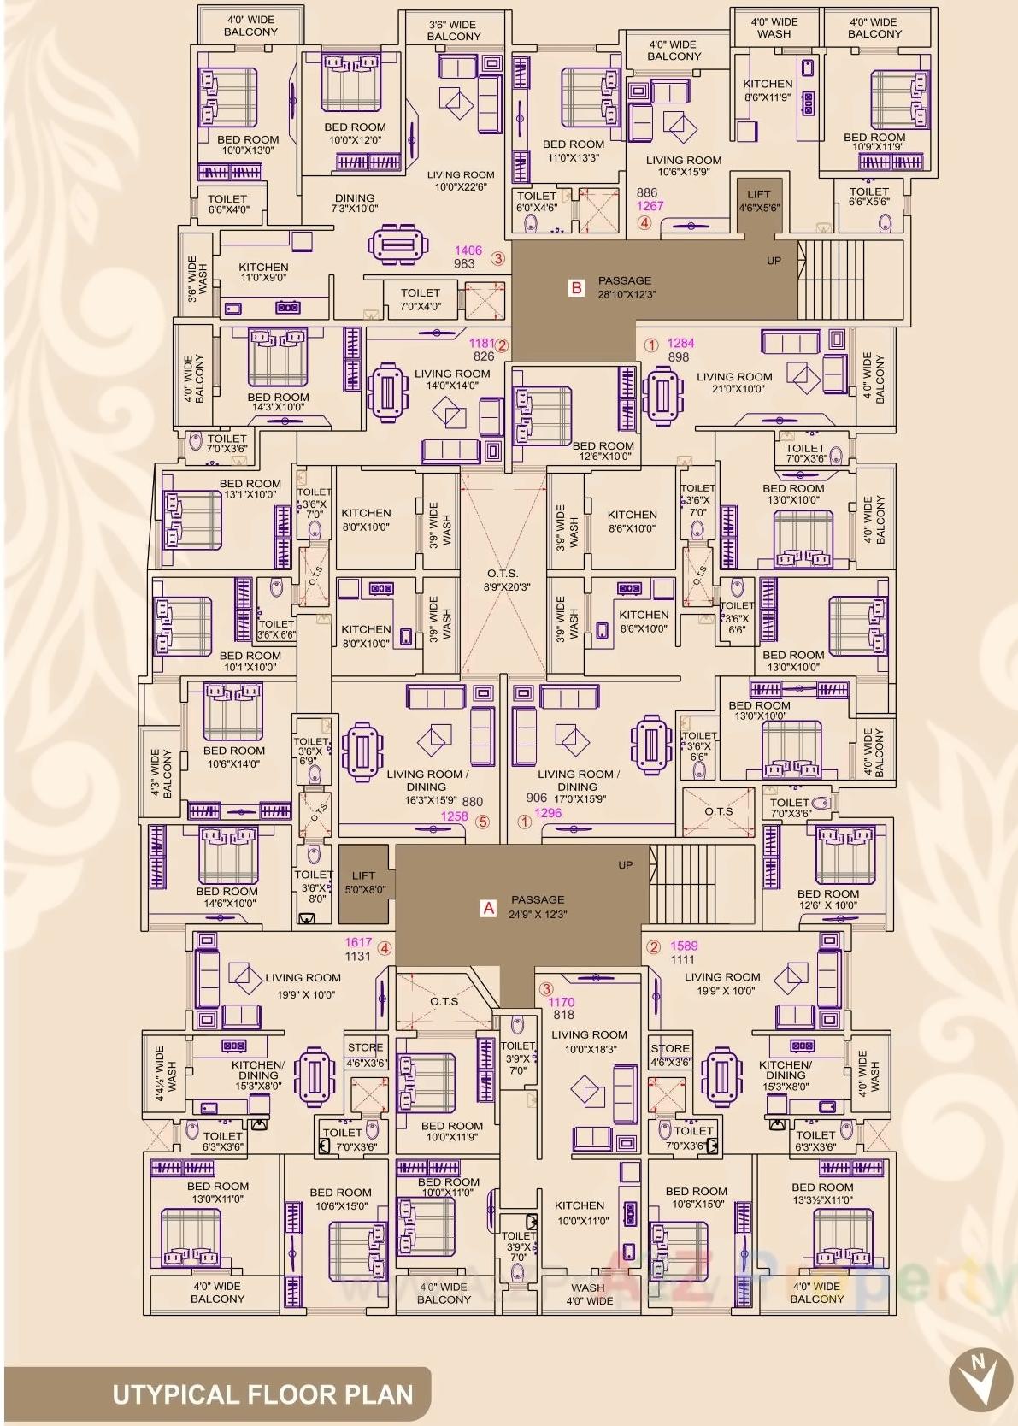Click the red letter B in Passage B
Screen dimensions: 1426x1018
[x=576, y=288]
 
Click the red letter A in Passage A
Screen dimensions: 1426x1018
[x=489, y=908]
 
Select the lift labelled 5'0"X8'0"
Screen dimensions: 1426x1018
[x=363, y=882]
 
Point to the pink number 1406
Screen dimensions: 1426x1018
[x=468, y=250]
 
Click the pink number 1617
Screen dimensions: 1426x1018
[x=358, y=942]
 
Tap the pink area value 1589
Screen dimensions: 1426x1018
[x=684, y=946]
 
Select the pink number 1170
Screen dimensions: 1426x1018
[x=562, y=1002]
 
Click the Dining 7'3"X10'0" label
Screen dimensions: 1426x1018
[x=355, y=203]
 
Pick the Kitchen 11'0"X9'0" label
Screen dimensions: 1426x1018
[x=263, y=272]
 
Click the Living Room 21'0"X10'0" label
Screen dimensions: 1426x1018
[x=733, y=382]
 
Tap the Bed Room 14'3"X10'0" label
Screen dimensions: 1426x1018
[x=278, y=403]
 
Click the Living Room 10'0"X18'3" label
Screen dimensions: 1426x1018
[x=589, y=1041]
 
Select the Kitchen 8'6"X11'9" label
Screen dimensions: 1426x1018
[x=768, y=90]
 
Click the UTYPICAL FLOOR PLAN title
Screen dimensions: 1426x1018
[x=262, y=1395]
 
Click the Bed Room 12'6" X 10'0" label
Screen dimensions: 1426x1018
[x=828, y=899]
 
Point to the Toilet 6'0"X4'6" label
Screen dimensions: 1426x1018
[x=537, y=201]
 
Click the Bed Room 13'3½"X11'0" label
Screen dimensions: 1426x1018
[x=822, y=1193]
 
